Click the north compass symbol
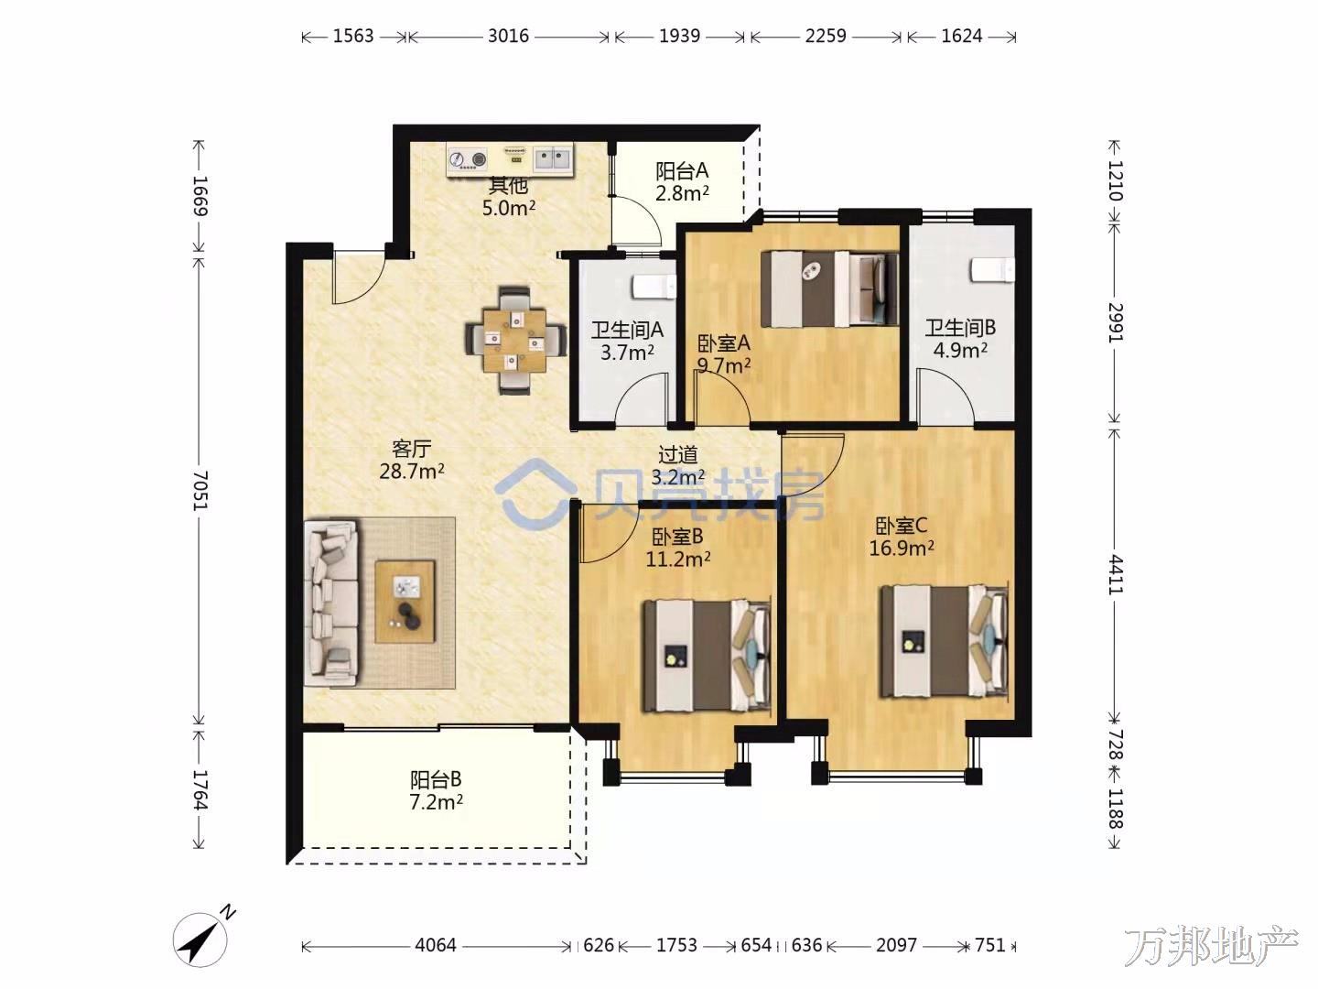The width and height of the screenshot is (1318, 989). pyautogui.click(x=201, y=940)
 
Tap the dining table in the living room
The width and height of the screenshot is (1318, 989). pyautogui.click(x=515, y=340)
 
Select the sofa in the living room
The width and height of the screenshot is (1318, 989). pyautogui.click(x=331, y=603)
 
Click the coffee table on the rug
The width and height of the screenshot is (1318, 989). pyautogui.click(x=405, y=602)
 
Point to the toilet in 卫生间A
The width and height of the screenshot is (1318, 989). pyautogui.click(x=654, y=287)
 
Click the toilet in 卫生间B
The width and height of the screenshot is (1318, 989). pyautogui.click(x=992, y=269)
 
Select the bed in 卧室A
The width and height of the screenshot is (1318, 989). pyautogui.click(x=830, y=288)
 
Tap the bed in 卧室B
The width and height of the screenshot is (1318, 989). pyautogui.click(x=707, y=656)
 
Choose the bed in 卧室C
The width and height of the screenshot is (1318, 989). pyautogui.click(x=944, y=641)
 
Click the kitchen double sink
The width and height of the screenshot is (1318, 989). pyautogui.click(x=552, y=159)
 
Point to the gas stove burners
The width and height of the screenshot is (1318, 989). pyautogui.click(x=468, y=159)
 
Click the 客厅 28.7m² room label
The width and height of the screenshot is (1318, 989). pyautogui.click(x=412, y=460)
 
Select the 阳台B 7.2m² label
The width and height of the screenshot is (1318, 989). pyautogui.click(x=437, y=790)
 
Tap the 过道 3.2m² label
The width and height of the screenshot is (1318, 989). pyautogui.click(x=678, y=465)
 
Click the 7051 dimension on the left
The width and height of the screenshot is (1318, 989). pyautogui.click(x=200, y=491)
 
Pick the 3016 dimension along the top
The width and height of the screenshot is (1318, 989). pyautogui.click(x=508, y=36)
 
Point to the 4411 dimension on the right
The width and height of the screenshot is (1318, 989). pyautogui.click(x=1115, y=575)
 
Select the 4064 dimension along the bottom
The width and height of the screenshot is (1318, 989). pyautogui.click(x=436, y=945)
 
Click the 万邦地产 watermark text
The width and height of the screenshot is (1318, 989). pyautogui.click(x=1211, y=946)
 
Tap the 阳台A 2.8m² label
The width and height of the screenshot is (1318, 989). pyautogui.click(x=682, y=182)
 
